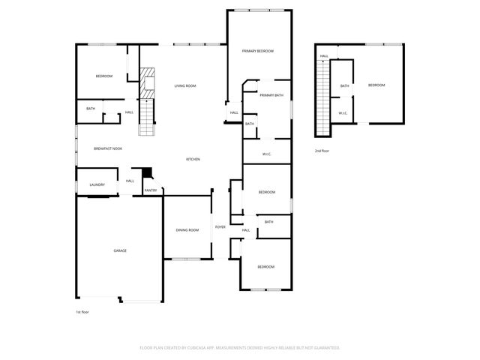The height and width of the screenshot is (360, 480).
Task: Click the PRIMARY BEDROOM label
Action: click(x=257, y=51)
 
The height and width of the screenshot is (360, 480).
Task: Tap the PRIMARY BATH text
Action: click(x=271, y=95)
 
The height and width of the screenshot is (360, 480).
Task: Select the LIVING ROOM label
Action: click(x=185, y=86)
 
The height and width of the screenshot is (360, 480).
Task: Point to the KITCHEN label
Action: click(x=193, y=159)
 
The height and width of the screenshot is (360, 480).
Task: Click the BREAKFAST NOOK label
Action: click(x=108, y=148)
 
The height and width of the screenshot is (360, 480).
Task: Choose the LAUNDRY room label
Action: click(x=97, y=184)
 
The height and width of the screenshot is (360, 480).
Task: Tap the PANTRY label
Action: click(x=150, y=190)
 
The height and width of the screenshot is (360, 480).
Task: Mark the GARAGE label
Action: click(x=119, y=250)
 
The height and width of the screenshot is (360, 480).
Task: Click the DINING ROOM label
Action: click(x=187, y=229)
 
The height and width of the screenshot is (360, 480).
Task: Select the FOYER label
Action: click(x=220, y=226)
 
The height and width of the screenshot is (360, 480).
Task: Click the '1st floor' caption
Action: click(x=82, y=311)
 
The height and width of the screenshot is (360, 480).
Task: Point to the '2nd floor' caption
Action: click(x=322, y=151)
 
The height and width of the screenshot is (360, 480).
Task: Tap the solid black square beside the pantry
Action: click(x=147, y=172)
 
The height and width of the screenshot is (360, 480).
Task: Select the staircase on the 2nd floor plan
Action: click(x=323, y=97)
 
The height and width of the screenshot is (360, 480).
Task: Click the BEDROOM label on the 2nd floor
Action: click(x=376, y=85)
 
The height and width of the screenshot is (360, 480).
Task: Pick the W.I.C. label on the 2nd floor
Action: click(x=342, y=113)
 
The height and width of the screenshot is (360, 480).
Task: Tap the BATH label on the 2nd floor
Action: click(x=344, y=86)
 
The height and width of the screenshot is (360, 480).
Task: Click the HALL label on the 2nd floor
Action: click(x=324, y=56)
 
